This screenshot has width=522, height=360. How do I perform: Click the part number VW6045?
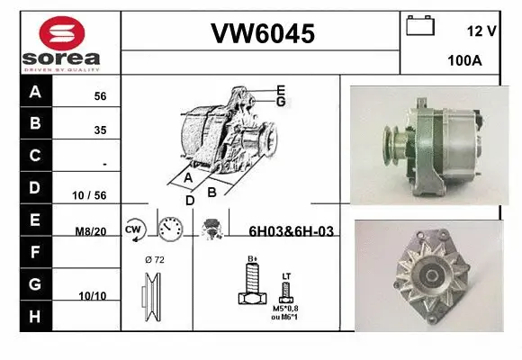(262, 33)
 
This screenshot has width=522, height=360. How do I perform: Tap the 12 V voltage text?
(482, 31)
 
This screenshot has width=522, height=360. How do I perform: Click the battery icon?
(420, 26)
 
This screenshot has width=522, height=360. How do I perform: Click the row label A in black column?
(34, 92)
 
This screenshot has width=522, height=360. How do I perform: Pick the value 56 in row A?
(100, 96)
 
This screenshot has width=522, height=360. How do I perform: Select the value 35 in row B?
(100, 130)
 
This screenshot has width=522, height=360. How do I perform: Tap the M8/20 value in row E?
(91, 231)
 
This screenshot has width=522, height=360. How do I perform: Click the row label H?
(34, 316)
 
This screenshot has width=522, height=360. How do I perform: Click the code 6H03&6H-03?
(291, 231)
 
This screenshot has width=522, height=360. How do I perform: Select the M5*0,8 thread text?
(286, 308)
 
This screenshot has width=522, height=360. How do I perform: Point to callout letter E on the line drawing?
(281, 90)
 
